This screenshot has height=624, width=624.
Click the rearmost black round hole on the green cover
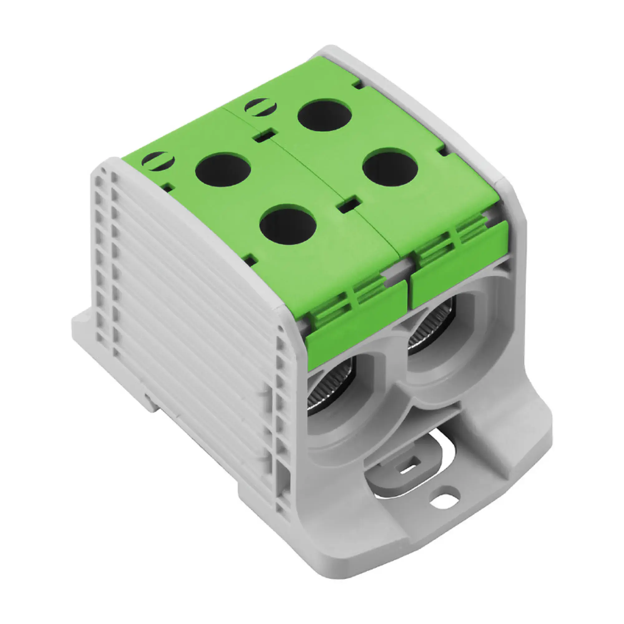[324, 115]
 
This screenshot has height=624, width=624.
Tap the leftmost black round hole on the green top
[223, 170]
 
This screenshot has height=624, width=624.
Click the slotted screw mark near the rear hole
[261, 107]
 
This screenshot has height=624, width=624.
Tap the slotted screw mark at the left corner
[158, 161]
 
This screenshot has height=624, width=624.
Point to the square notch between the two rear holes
[265, 135]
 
